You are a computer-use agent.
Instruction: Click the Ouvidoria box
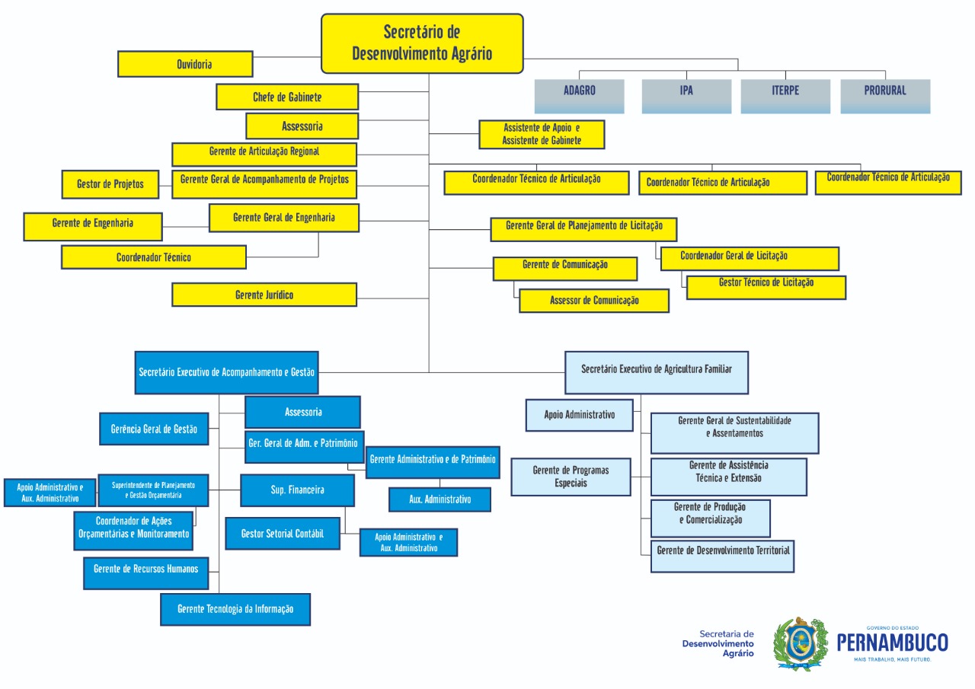(185, 64)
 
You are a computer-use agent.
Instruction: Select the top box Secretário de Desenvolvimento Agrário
(422, 43)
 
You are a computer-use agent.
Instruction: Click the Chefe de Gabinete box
(287, 97)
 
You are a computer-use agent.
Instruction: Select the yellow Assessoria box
(302, 126)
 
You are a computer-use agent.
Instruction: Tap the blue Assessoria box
(302, 412)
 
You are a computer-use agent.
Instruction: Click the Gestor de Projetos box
(110, 183)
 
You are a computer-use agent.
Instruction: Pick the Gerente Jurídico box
(264, 295)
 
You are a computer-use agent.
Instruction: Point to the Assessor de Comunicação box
(594, 301)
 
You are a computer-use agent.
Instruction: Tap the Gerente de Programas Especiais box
(571, 477)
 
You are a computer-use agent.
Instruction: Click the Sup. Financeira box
(297, 490)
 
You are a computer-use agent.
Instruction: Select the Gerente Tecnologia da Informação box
(235, 609)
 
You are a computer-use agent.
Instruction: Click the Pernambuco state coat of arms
(799, 643)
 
